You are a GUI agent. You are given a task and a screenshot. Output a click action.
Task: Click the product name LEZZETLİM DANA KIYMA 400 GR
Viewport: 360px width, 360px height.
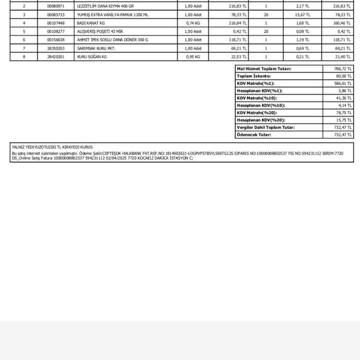coord(105,6)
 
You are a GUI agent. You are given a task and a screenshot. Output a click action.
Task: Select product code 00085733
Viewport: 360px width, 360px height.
coord(56,15)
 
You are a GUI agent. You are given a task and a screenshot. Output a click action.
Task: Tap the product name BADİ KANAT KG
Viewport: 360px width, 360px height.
coord(91,23)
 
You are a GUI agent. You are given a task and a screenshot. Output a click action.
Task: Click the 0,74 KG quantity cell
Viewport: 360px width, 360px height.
coord(193,23)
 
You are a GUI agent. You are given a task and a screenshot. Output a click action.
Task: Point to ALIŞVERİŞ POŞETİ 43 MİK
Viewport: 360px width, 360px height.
coord(100,31)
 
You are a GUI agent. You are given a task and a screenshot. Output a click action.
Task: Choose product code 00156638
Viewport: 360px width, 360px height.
coord(56,40)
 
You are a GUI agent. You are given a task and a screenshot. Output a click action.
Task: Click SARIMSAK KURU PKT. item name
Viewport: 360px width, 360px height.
coord(96,48)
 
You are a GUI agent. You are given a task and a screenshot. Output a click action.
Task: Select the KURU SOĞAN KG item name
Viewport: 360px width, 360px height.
coord(92,57)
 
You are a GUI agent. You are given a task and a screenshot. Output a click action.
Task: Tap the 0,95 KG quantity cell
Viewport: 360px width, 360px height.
coord(193,57)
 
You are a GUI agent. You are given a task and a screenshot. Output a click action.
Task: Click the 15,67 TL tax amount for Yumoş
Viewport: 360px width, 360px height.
coord(302,15)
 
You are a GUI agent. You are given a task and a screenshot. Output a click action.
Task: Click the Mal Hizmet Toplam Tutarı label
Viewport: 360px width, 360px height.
coord(264,69)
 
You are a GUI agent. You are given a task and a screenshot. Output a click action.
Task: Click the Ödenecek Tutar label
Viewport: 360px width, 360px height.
coord(254,135)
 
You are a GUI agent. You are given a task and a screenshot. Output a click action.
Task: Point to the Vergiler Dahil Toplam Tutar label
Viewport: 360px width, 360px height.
coord(266,127)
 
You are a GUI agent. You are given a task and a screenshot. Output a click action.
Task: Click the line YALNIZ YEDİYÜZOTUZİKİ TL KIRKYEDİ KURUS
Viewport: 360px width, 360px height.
coord(52,147)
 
